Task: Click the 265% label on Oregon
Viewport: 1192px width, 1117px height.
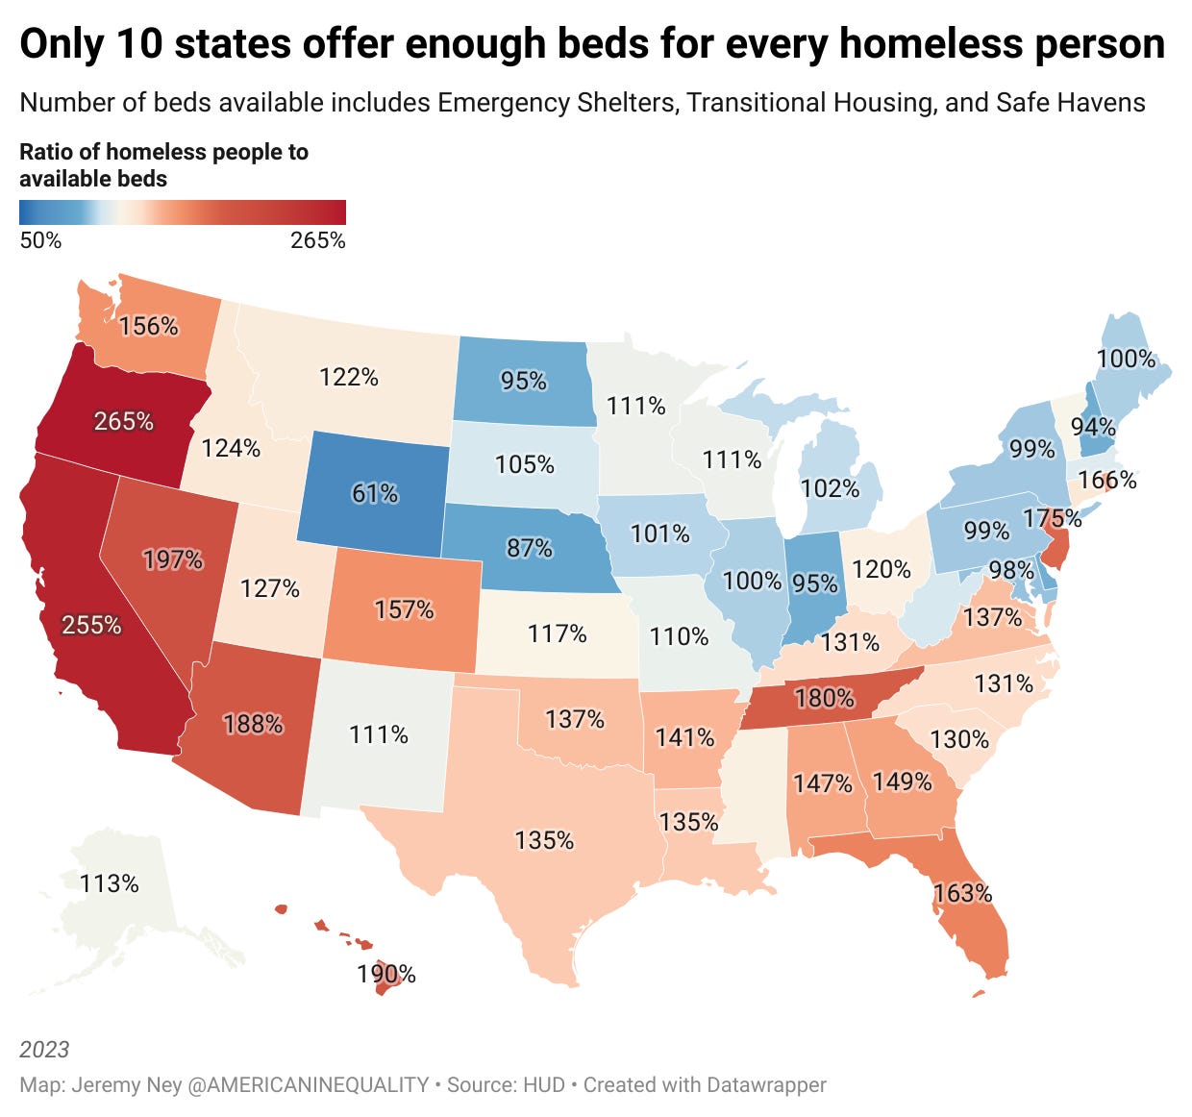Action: (x=123, y=421)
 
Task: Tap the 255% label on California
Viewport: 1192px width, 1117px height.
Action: (x=91, y=625)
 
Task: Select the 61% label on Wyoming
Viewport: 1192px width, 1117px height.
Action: (x=374, y=493)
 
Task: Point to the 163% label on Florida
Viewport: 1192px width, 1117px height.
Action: (x=962, y=893)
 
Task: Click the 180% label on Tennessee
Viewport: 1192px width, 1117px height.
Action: (x=824, y=697)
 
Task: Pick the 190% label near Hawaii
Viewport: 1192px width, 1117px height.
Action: (x=386, y=974)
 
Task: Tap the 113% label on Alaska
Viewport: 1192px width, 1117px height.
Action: (x=109, y=883)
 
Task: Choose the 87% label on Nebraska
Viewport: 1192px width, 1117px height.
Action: (x=529, y=548)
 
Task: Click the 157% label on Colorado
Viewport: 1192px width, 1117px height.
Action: (x=404, y=609)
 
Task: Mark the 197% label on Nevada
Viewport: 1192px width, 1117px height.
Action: (x=173, y=559)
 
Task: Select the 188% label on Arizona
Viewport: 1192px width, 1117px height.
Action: (x=253, y=723)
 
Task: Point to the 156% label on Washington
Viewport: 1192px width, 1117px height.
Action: (x=149, y=326)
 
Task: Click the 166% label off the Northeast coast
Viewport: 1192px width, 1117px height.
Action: (x=1107, y=479)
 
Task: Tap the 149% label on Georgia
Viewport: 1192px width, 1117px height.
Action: (x=902, y=782)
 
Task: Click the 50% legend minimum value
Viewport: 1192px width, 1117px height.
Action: (x=40, y=240)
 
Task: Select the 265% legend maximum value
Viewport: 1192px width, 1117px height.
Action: (x=317, y=240)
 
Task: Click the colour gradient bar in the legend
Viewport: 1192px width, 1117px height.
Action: (x=182, y=211)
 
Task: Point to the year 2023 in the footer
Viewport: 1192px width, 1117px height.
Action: (x=44, y=1049)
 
